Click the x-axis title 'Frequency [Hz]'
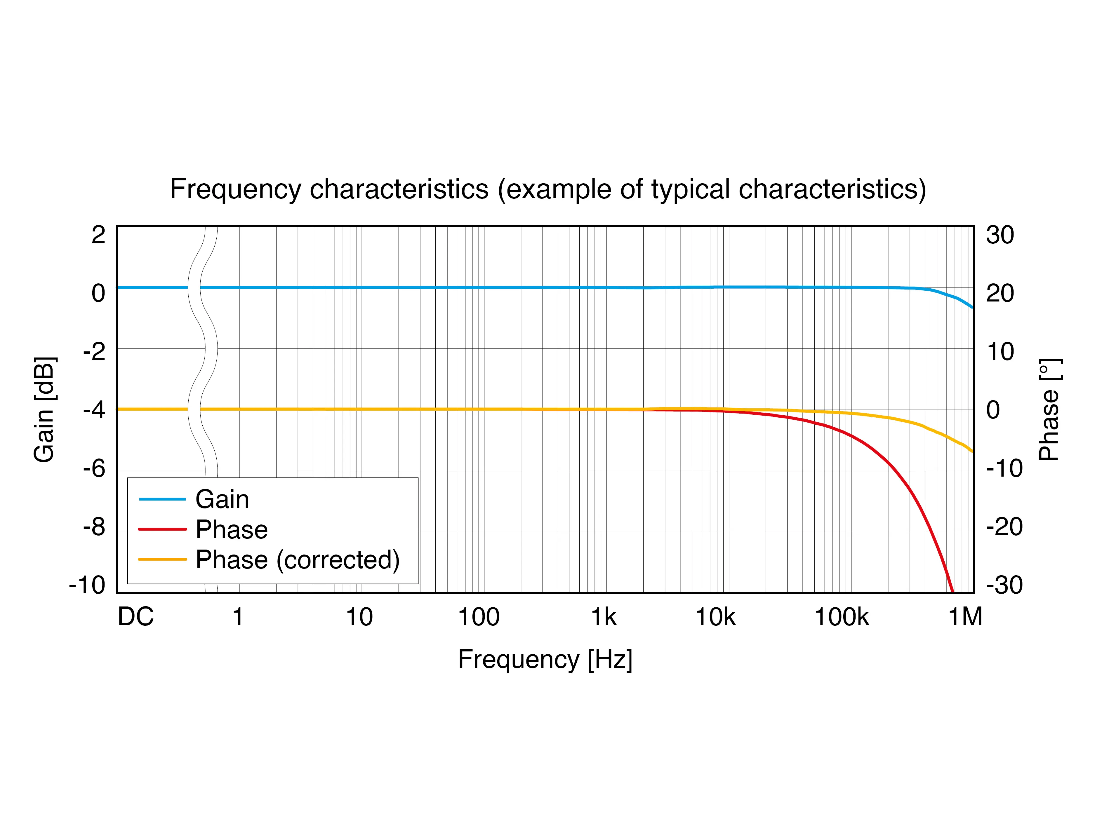[x=545, y=659]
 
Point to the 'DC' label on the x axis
[x=136, y=617]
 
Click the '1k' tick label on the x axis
[x=604, y=617]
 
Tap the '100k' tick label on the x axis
[x=842, y=617]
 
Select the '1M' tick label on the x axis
[x=965, y=617]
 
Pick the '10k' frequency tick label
[x=715, y=617]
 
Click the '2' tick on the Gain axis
[x=98, y=235]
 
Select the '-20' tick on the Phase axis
[x=1004, y=527]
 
